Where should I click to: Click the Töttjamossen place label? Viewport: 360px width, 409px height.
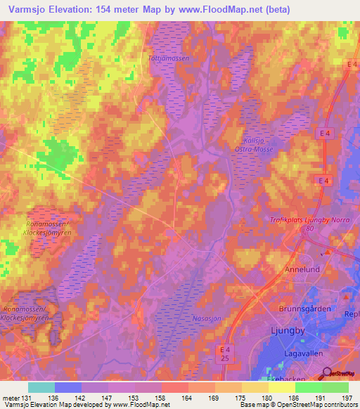tap(169, 59)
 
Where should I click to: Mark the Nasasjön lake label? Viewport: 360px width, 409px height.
tap(207, 318)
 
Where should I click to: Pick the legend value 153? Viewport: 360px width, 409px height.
tap(135, 398)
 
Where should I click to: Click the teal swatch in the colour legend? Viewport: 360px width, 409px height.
tap(41, 387)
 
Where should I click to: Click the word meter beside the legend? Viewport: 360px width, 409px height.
tap(12, 398)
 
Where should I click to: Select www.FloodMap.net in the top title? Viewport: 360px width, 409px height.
tap(205, 9)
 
